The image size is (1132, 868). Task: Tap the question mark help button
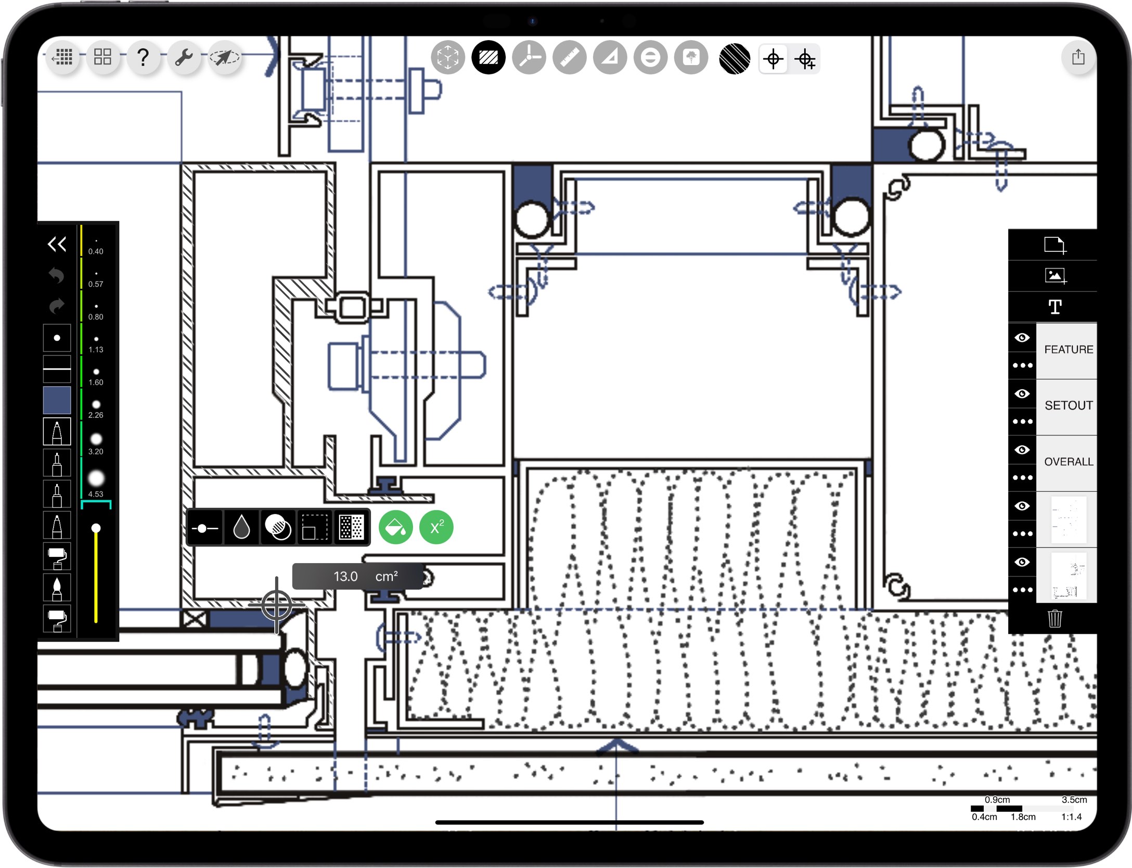coord(143,57)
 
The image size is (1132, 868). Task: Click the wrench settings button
coord(184,57)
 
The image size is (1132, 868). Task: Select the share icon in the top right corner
coord(1078,57)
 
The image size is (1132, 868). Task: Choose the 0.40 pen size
coord(96,246)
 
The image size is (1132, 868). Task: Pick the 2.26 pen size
coord(96,409)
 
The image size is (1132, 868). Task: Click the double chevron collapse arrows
coord(57,244)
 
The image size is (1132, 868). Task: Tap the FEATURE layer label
coord(1068,350)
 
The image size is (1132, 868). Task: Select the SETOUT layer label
coord(1068,405)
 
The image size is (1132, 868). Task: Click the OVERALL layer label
coord(1068,462)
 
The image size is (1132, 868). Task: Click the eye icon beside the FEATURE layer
coord(1022,338)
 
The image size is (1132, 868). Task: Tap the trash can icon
coord(1054,619)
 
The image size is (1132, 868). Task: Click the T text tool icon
coord(1054,307)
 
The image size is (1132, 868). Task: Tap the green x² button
coord(436,528)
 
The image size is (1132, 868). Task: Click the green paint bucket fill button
coord(395,528)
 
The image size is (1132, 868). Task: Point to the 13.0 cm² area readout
coord(359,577)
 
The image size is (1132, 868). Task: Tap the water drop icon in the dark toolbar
coord(241,528)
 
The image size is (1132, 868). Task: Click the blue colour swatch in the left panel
coord(57,400)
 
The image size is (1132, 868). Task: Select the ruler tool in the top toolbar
coord(569,57)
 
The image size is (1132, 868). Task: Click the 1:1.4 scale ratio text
coord(1071,817)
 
